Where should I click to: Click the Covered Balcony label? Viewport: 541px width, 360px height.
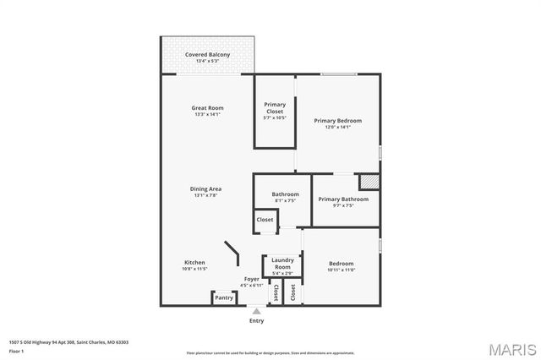click(207, 54)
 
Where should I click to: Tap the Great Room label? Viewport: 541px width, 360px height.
click(207, 108)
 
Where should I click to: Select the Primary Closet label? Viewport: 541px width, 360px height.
click(275, 107)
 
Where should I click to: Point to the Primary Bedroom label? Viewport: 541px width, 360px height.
click(337, 121)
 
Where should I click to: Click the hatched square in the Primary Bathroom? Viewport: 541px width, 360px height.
click(369, 182)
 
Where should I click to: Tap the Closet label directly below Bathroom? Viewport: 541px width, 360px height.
click(265, 220)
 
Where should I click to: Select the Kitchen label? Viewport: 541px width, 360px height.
click(194, 263)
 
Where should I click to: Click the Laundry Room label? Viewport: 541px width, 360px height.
click(282, 264)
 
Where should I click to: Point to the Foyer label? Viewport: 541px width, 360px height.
click(252, 279)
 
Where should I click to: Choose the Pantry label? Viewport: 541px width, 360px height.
click(224, 297)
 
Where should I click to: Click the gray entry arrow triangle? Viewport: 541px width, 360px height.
click(256, 311)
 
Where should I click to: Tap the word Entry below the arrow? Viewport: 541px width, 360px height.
click(256, 321)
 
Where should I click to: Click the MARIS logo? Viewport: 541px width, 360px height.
click(510, 349)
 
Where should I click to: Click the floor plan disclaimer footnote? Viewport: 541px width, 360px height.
click(270, 352)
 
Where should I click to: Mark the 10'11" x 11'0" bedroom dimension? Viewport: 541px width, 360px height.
click(341, 270)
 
